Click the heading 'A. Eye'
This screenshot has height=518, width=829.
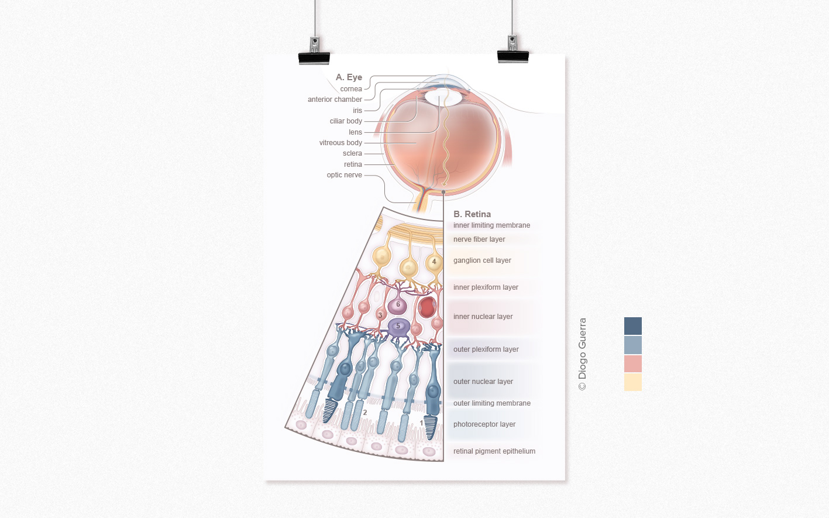pos(349,77)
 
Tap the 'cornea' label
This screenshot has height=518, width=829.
pos(351,89)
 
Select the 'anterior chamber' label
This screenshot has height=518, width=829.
pos(335,100)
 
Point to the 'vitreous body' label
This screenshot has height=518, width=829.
pos(340,143)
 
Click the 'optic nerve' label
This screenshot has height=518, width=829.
pos(344,175)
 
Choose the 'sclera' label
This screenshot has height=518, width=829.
pos(352,153)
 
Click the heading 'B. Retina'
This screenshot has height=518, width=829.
pos(472,214)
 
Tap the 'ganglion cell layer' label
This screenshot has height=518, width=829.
pos(482,260)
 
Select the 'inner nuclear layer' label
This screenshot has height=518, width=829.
pos(483,317)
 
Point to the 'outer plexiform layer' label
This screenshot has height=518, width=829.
pos(486,349)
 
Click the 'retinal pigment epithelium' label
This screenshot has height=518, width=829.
pos(494,451)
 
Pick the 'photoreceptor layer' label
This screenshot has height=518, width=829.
pos(484,424)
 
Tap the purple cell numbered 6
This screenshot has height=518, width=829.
pos(398,304)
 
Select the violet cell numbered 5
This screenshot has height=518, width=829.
pos(398,327)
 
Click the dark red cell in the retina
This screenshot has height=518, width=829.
pos(427,307)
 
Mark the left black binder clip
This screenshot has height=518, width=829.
pos(314,53)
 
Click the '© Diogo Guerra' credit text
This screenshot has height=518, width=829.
pos(582,354)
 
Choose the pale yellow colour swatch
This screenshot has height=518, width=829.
pos(632,382)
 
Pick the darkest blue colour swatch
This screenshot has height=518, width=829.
pos(632,326)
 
